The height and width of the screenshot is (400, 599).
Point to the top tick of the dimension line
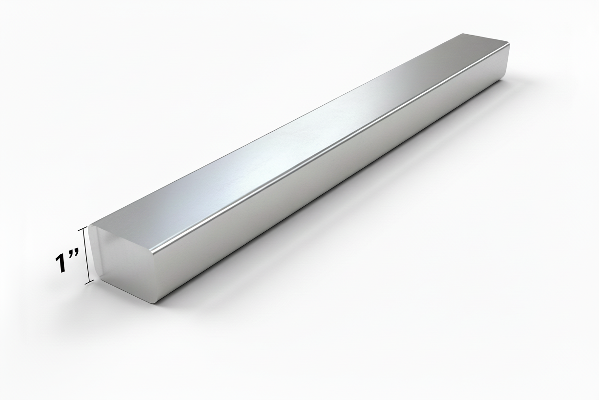[x=87, y=227]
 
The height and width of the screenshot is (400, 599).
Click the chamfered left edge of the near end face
[x=94, y=252]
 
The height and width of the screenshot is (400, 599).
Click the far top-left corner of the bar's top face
[x=462, y=34]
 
